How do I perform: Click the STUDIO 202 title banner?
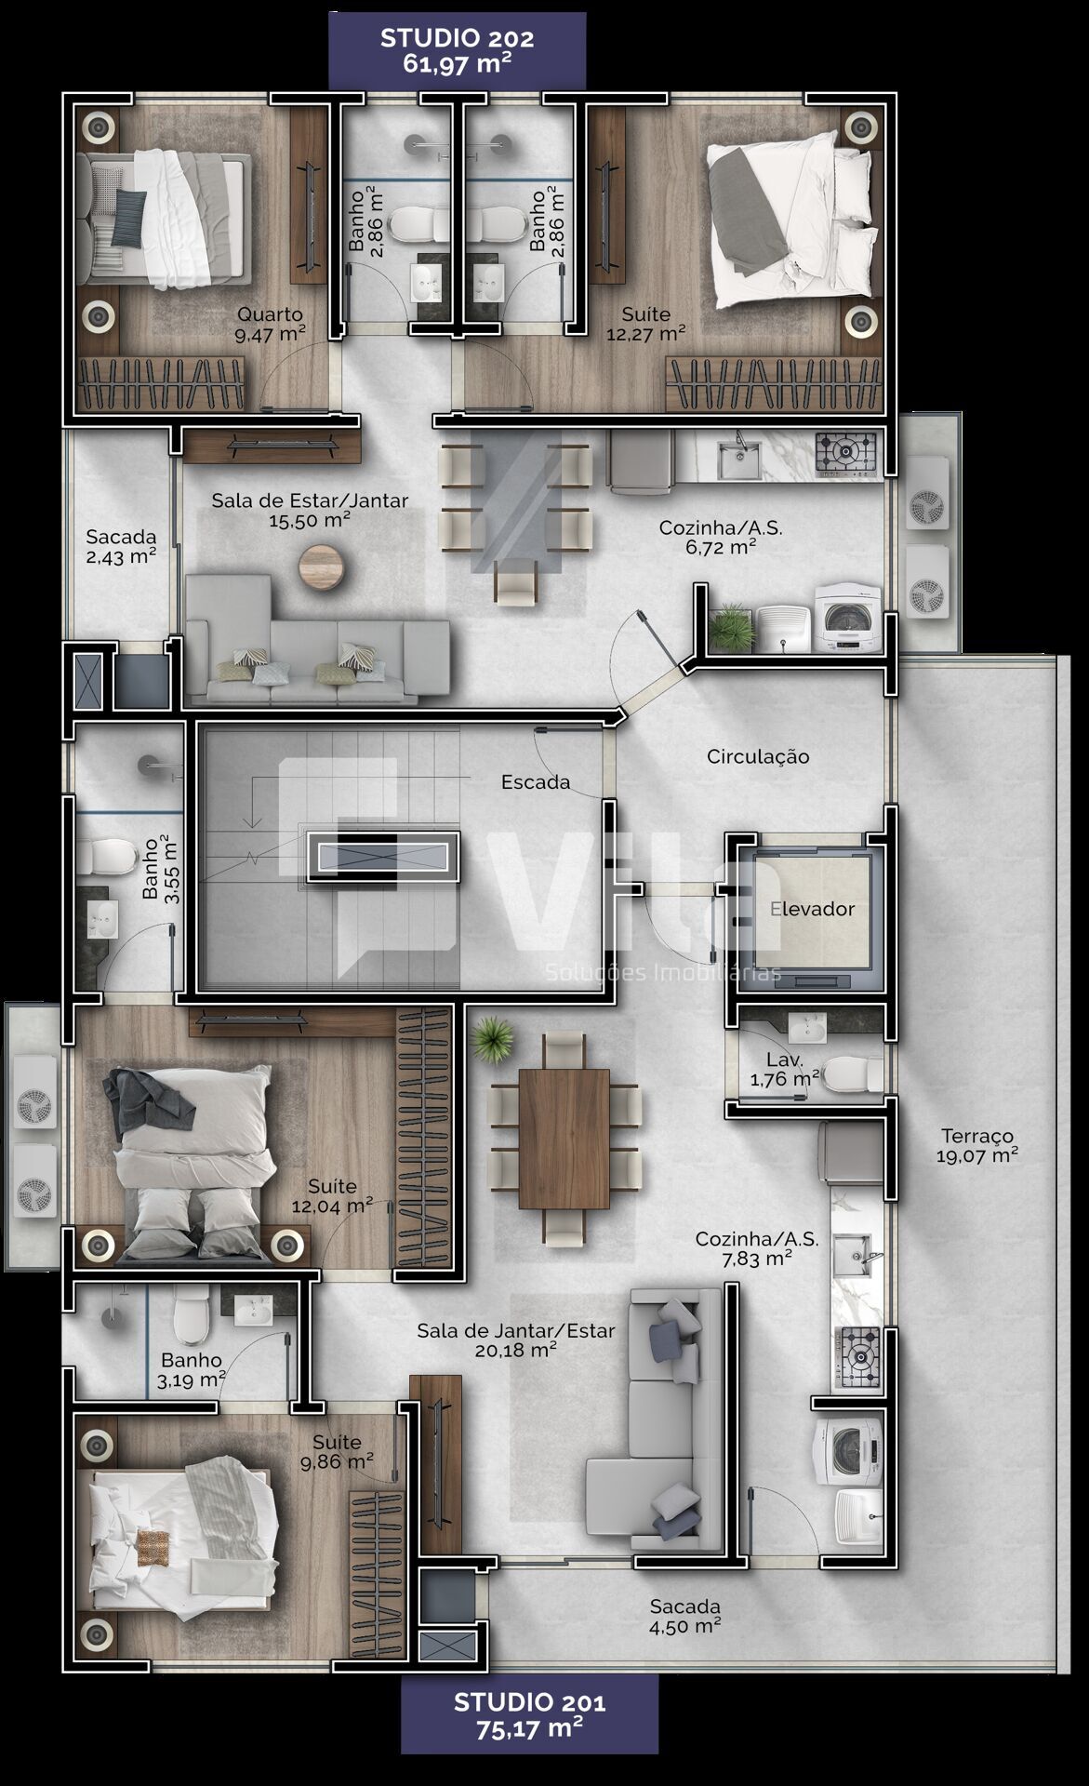coord(457,51)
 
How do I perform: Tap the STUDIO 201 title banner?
coord(529,1715)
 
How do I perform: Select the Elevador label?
coord(813,909)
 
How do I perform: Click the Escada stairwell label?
coord(536,782)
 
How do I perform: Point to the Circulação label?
coord(758,757)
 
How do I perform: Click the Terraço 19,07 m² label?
coord(976,1146)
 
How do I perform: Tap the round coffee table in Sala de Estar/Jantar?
coord(322,567)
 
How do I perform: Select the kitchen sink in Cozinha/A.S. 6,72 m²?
coord(740,458)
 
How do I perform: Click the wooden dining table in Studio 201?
coord(564,1138)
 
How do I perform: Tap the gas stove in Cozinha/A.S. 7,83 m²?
coord(856,1357)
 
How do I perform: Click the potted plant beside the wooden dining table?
coord(492,1039)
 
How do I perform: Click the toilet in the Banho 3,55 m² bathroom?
coord(106,857)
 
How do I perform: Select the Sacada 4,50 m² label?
coord(685,1616)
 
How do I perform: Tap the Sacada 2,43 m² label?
coord(121,547)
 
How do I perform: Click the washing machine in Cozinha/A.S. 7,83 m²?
coord(848,1450)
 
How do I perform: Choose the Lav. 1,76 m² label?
coord(785,1069)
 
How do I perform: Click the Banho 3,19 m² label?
coord(192,1370)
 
